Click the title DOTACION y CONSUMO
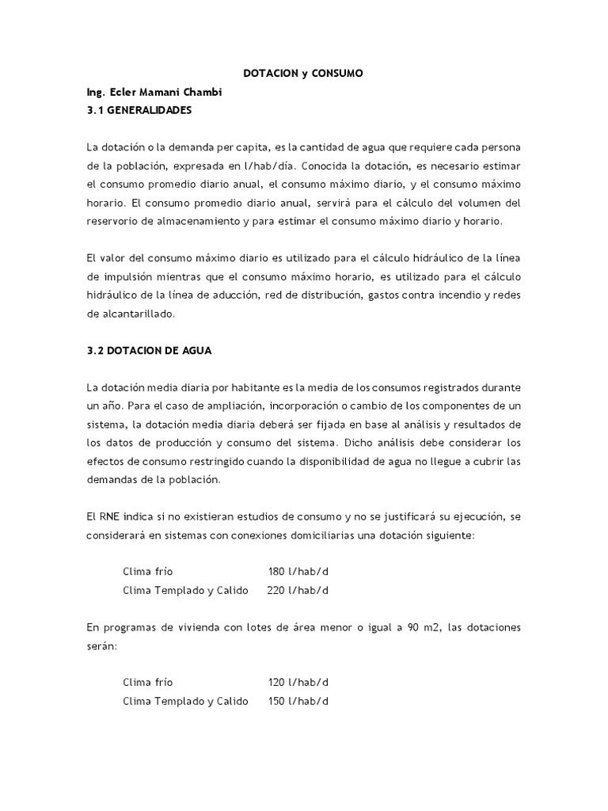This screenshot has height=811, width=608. pos(303,74)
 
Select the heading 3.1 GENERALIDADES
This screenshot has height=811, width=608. pos(139,111)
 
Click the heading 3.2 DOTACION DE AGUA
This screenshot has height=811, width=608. pos(150,349)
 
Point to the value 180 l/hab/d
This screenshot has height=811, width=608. pos(298,571)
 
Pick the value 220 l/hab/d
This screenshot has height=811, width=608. pos(298,590)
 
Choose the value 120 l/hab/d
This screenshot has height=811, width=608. pos(298,682)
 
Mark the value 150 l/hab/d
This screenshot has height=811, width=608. pos(298,701)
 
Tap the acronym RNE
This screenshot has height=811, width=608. pos(108,516)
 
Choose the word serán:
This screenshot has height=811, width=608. pos(101,646)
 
